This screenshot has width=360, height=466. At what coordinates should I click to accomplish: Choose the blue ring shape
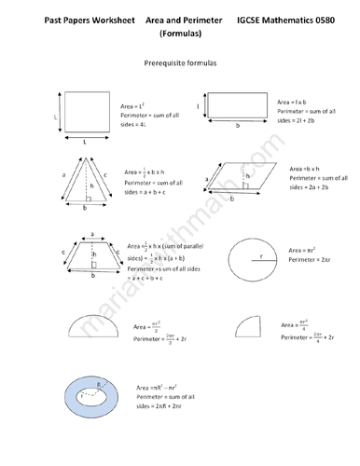click(92, 403)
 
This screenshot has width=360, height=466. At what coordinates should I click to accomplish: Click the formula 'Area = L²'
click(138, 107)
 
